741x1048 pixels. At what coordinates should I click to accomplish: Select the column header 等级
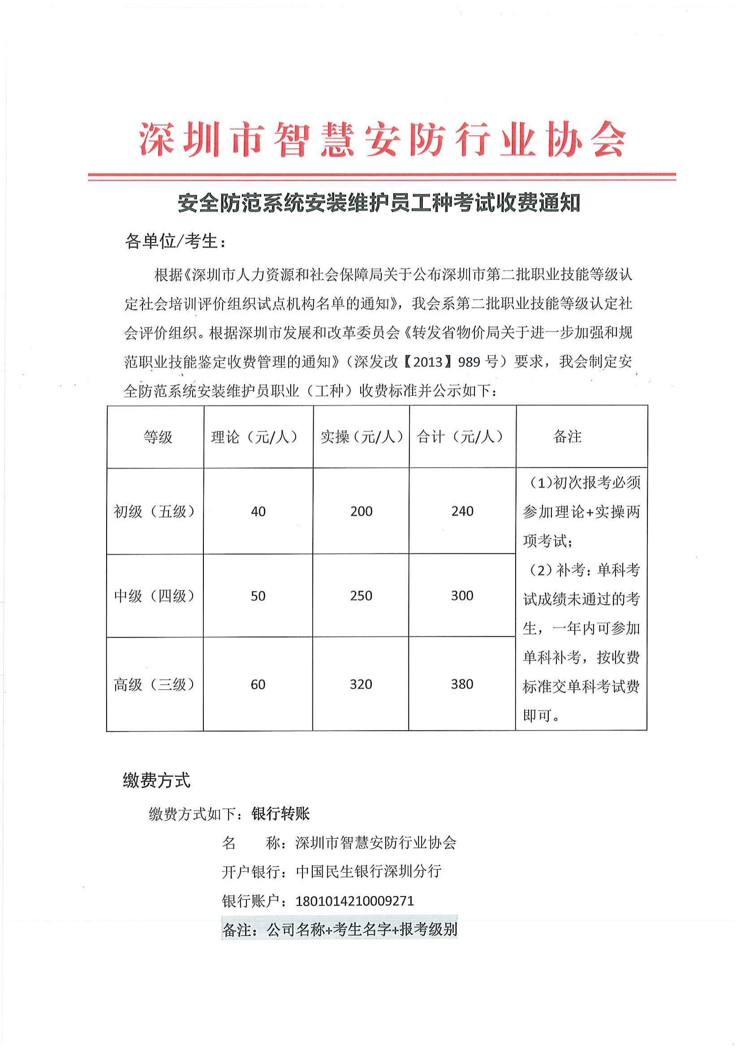click(x=158, y=437)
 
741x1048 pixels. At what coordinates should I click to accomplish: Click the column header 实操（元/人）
click(x=362, y=437)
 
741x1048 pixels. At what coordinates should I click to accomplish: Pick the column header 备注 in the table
click(x=567, y=437)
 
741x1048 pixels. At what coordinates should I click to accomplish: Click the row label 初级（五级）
click(x=155, y=511)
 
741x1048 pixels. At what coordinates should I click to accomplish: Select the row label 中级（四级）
click(x=155, y=595)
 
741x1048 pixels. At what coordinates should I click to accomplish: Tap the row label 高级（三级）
click(x=155, y=684)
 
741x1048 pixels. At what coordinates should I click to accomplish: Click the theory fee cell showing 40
click(x=258, y=511)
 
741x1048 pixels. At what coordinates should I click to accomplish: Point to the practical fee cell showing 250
click(x=362, y=595)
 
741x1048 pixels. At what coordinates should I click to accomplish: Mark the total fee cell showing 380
click(x=462, y=684)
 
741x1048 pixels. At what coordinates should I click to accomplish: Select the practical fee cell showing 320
click(x=361, y=684)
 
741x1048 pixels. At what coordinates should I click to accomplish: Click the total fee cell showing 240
click(x=462, y=511)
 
